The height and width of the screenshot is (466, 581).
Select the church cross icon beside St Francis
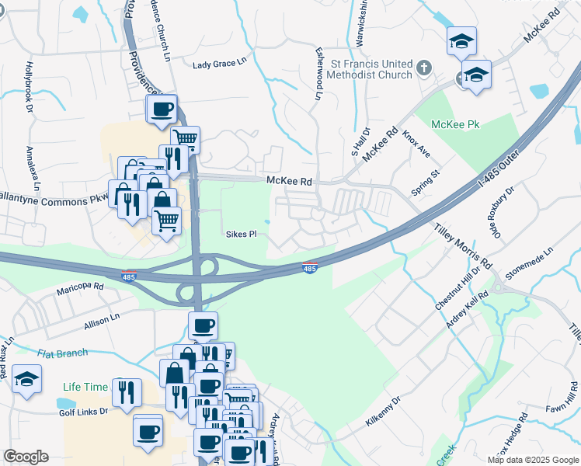(x=424, y=68)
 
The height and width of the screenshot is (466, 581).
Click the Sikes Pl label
(x=241, y=234)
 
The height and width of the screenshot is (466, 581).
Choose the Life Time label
(x=83, y=386)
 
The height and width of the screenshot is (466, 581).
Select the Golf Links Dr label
(x=83, y=410)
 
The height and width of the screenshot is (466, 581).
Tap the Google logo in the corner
(x=26, y=456)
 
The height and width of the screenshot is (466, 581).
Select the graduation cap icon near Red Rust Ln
(x=26, y=381)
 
